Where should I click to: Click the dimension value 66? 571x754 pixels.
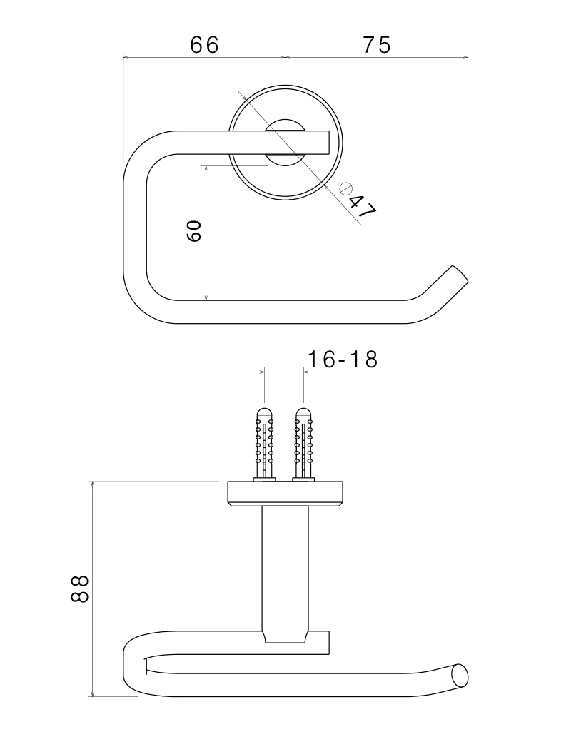pos(204,45)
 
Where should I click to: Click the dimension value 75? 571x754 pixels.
pos(377,45)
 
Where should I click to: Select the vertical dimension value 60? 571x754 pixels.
pos(193,231)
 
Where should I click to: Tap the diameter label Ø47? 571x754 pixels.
pos(358,200)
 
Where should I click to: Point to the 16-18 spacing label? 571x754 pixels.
pos(342,360)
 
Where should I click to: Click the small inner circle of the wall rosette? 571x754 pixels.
pos(285,143)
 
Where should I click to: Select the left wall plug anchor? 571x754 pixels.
pos(264,444)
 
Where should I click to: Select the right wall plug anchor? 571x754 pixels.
pos(303,444)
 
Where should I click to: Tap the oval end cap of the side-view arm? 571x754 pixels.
pos(460,676)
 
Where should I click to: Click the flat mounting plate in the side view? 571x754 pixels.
pos(285,494)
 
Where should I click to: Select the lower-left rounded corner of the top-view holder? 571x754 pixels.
pos(142,303)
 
